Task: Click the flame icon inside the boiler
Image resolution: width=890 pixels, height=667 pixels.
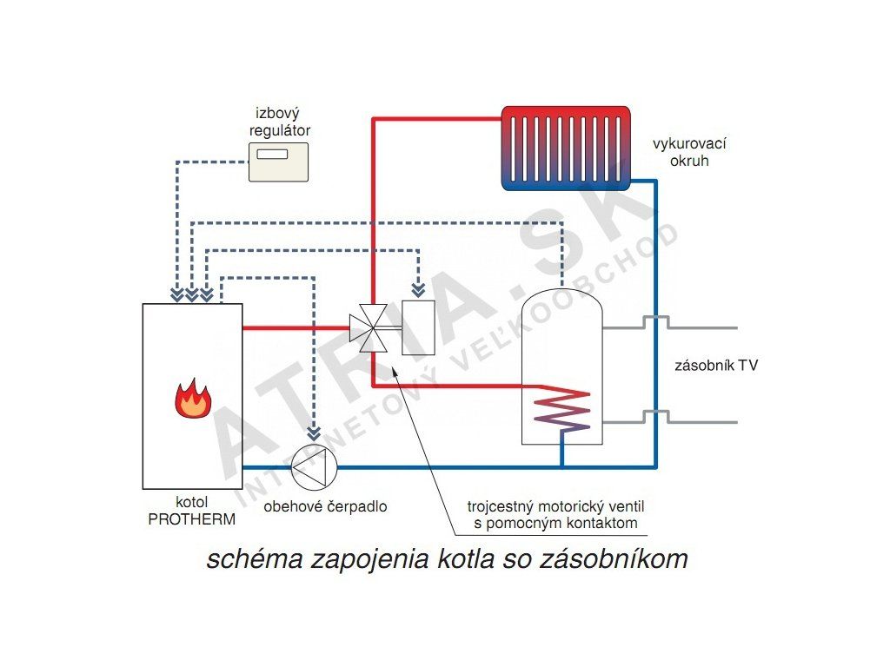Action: pos(193,398)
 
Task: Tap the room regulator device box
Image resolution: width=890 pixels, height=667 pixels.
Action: pos(279,162)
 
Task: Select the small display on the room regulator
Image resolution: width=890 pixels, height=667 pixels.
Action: pos(272,154)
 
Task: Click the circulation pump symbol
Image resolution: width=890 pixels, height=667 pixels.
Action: pos(314,467)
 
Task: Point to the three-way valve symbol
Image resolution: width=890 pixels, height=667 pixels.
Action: pos(369,327)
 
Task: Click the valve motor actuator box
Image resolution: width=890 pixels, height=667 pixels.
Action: pos(418,327)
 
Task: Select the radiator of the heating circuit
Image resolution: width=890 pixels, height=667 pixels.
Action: pos(566,148)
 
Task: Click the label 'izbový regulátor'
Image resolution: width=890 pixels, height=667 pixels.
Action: pos(279,122)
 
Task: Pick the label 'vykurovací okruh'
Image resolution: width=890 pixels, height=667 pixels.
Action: pos(689,152)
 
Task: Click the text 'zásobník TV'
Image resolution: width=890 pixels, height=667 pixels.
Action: pos(716,366)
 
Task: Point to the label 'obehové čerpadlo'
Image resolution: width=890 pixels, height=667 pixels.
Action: pos(325,506)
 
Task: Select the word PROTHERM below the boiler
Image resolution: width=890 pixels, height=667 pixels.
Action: pos(192,519)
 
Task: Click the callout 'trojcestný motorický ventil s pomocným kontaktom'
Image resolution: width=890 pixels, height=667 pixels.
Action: pos(555,514)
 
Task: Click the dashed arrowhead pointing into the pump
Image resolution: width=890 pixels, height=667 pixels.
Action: pos(314,434)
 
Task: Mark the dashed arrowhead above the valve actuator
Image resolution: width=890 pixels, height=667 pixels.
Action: pos(418,290)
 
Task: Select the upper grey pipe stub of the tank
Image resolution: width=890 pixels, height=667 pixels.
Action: pos(670,323)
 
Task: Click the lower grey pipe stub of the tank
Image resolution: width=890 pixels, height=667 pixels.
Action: pos(670,418)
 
